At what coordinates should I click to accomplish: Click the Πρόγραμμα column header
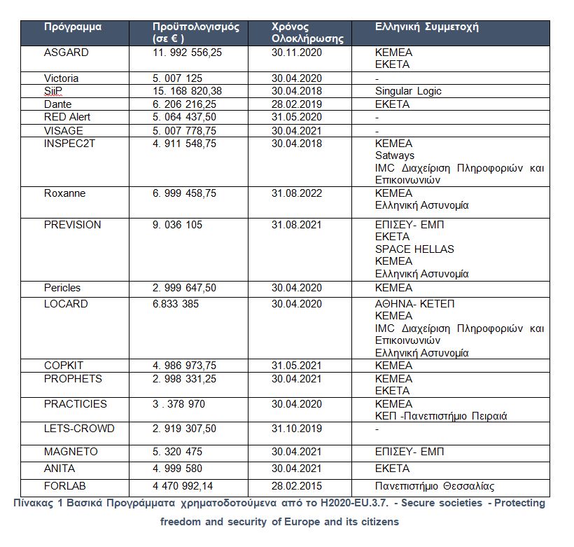point(73,27)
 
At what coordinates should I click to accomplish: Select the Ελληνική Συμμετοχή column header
point(426,27)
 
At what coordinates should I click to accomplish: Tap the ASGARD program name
point(66,53)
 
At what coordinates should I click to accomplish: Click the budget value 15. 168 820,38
point(187,91)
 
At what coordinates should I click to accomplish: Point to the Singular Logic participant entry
point(408,91)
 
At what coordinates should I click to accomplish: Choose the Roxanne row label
point(64,193)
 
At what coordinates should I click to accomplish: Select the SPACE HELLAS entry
point(414,249)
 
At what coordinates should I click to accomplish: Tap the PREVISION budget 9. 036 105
point(181,225)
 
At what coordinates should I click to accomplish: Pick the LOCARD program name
point(66,304)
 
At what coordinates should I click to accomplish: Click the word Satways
point(395,155)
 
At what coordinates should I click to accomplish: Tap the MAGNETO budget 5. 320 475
point(181,452)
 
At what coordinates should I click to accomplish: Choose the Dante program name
point(57,104)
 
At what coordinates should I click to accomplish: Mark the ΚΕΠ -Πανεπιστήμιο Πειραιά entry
point(441,416)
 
